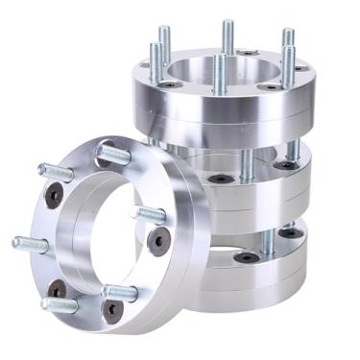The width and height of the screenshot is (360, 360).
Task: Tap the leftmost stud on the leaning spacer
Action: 29,244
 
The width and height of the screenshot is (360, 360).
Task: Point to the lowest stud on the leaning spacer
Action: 60,305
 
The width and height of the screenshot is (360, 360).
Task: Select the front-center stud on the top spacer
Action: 220,76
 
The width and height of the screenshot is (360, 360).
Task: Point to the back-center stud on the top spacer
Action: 228,36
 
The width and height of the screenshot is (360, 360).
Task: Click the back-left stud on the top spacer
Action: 164,43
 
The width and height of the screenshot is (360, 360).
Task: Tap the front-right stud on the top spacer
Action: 287,61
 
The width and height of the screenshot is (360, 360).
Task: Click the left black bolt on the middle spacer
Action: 222,179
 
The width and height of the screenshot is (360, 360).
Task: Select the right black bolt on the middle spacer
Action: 285,165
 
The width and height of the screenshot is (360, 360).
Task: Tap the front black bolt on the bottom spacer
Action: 247,257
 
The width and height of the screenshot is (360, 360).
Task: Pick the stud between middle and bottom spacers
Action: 268,240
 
